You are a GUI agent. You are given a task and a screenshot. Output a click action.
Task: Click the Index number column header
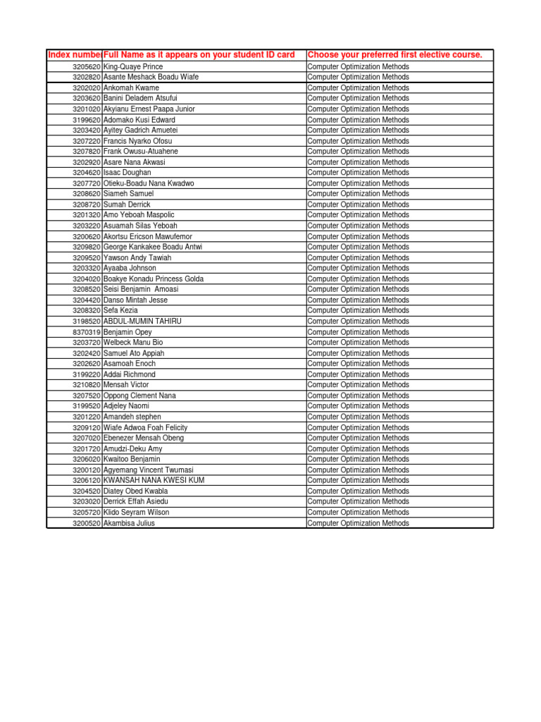74,55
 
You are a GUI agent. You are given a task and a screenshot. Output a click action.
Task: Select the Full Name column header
199,55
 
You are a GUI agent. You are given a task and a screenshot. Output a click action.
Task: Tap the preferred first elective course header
394,55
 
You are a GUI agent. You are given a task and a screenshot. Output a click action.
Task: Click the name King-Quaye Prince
133,67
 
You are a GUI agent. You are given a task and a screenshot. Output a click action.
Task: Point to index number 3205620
86,67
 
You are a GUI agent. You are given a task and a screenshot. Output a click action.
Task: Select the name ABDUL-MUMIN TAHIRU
142,322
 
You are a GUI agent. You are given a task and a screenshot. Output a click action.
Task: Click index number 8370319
86,332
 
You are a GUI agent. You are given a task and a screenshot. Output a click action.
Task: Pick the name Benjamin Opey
128,332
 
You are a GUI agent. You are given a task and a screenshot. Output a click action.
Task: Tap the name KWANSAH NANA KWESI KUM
154,480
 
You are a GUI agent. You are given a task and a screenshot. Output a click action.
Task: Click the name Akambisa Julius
129,523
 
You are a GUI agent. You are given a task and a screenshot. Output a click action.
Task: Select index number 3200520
86,523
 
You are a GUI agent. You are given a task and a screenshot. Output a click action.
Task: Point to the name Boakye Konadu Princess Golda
154,279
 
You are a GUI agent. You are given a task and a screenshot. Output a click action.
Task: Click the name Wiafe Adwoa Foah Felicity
145,427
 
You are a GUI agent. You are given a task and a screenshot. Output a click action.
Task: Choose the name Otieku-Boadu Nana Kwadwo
149,183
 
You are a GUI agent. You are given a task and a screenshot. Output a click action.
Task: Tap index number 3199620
86,120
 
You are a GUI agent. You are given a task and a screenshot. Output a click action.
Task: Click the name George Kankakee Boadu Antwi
152,247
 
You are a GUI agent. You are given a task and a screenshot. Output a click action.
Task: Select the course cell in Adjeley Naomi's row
358,406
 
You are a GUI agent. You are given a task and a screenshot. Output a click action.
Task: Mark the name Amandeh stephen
132,417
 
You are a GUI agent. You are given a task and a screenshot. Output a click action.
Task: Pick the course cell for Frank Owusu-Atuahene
358,152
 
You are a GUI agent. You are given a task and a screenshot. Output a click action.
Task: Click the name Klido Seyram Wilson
136,513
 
